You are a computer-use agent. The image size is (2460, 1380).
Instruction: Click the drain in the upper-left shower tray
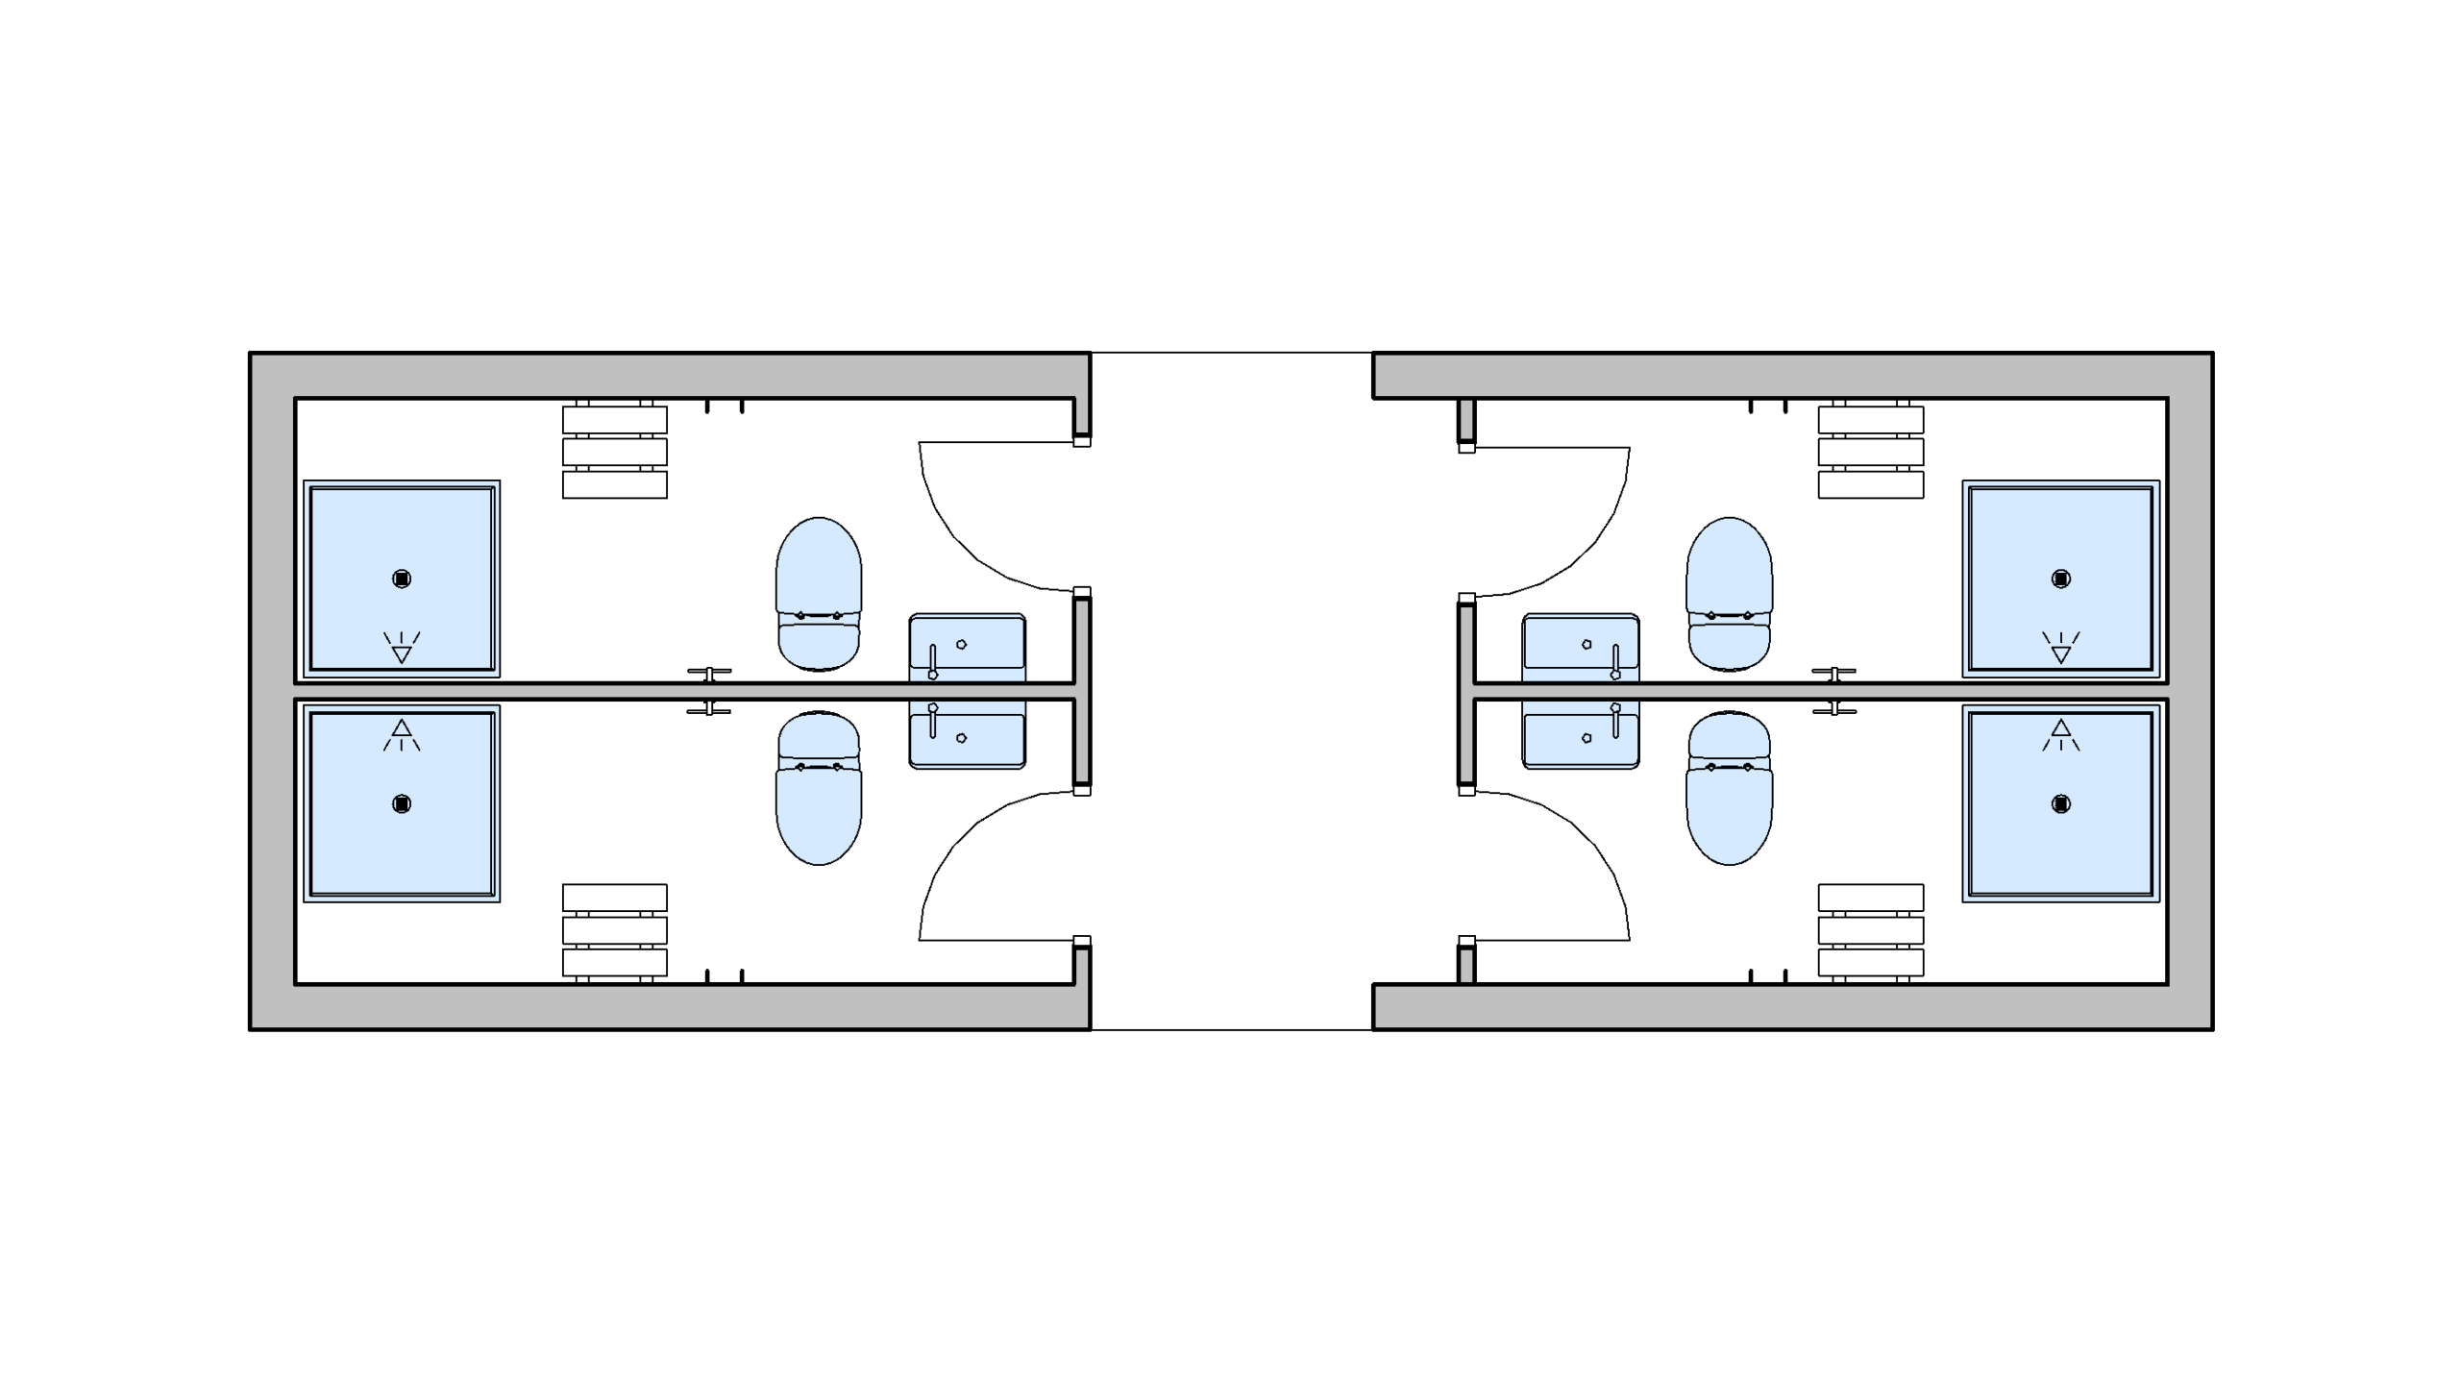tap(402, 579)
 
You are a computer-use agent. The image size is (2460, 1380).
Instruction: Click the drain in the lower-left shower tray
tap(402, 803)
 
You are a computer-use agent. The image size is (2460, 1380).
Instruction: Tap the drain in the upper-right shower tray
tap(2060, 579)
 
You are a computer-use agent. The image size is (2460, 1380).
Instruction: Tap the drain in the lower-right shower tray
tap(2060, 803)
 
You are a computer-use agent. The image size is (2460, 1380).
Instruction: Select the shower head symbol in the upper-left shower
tap(402, 649)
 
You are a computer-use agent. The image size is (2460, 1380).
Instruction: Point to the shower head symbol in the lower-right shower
tap(2060, 734)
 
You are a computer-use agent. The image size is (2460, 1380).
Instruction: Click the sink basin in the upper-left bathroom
tap(967, 644)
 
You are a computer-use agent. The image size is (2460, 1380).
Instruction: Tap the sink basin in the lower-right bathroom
tap(1581, 738)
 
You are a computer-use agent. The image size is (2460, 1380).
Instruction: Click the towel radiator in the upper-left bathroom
tap(615, 452)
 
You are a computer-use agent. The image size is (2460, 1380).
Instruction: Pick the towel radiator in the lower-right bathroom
tap(1870, 930)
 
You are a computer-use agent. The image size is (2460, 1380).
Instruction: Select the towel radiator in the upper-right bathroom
tap(1870, 452)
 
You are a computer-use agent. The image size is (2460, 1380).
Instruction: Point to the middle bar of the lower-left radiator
tap(615, 930)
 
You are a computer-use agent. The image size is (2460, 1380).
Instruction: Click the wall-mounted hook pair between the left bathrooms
tap(709, 691)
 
